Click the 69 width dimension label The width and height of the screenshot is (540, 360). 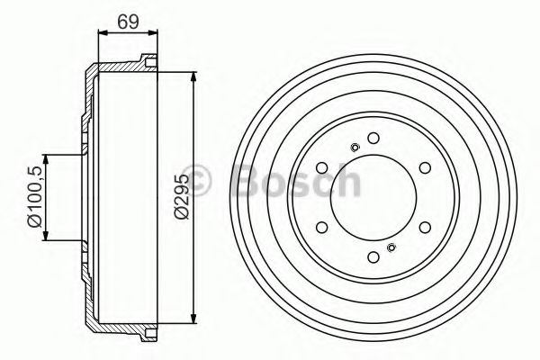pyautogui.click(x=128, y=22)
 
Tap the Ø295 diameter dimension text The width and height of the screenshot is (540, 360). pyautogui.click(x=182, y=196)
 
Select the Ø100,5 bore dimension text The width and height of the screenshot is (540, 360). pyautogui.click(x=35, y=196)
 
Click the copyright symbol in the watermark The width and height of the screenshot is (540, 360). pyautogui.click(x=196, y=181)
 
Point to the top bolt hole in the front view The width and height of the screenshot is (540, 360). pyautogui.click(x=373, y=138)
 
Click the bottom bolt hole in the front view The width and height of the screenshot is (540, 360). pyautogui.click(x=373, y=257)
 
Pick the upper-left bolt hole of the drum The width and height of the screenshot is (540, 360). pyautogui.click(x=321, y=167)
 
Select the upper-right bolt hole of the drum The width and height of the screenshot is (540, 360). pyautogui.click(x=425, y=167)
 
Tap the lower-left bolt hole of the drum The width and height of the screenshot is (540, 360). pyautogui.click(x=321, y=228)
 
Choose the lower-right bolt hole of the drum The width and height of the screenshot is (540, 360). pyautogui.click(x=425, y=228)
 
